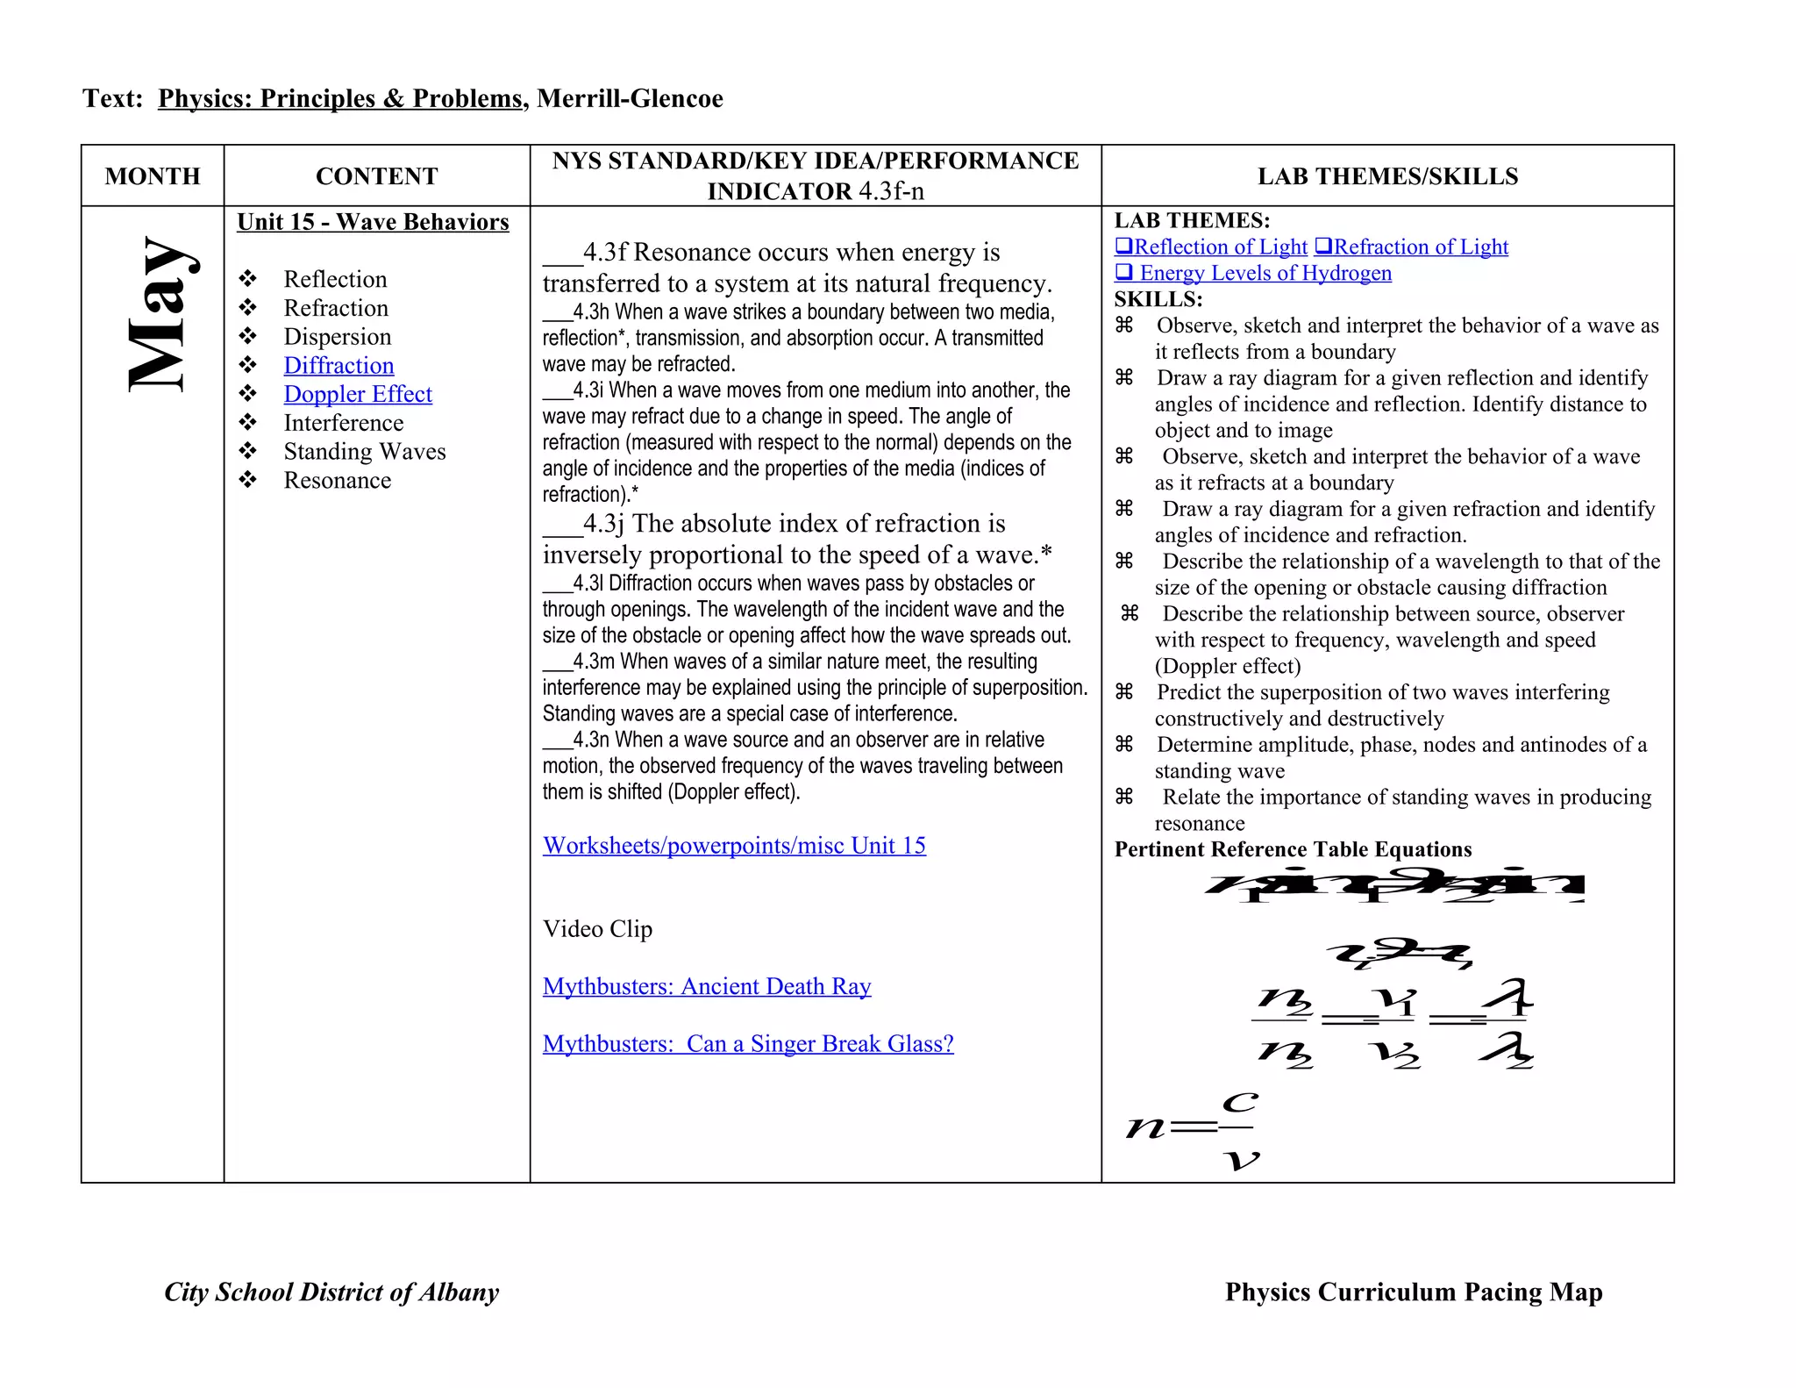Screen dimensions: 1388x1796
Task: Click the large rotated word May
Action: point(164,313)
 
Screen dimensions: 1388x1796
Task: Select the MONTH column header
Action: point(153,176)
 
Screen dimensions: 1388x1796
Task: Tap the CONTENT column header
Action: point(376,176)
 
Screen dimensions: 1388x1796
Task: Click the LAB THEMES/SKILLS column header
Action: point(1387,176)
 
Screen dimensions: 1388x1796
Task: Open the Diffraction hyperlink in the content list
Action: point(339,366)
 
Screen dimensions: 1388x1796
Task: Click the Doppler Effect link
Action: point(358,395)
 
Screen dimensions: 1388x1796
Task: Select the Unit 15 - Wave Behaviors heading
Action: point(373,222)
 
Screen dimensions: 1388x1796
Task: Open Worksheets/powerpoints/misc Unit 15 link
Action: point(734,846)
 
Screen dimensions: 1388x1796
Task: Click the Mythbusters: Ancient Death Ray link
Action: point(707,987)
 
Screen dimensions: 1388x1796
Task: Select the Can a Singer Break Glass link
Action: point(748,1044)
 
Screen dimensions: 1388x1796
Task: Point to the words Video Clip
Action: point(597,929)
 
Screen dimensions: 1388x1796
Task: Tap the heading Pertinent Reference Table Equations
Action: point(1293,849)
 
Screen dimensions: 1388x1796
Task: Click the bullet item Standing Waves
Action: point(365,452)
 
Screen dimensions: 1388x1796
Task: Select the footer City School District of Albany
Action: point(331,1292)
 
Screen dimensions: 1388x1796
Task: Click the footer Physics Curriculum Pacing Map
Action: point(1414,1292)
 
